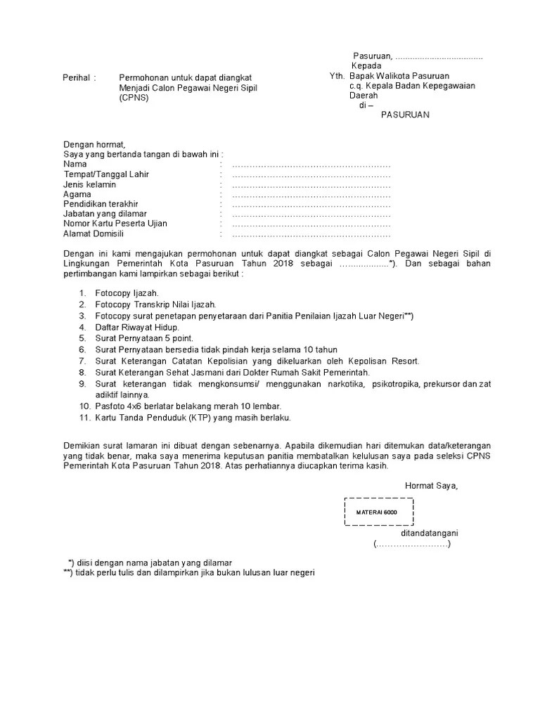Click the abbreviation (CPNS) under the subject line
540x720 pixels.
click(x=134, y=98)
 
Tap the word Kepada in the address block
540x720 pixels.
click(x=366, y=65)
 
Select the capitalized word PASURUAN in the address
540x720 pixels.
click(x=405, y=115)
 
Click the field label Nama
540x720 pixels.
click(x=75, y=165)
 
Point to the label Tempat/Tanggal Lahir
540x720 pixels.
click(x=106, y=174)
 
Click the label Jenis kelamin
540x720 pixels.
click(x=89, y=184)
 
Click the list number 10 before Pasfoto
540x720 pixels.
click(x=82, y=406)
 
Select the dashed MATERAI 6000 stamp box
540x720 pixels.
click(x=378, y=511)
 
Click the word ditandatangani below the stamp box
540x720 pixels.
click(x=429, y=534)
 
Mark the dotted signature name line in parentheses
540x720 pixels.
click(x=412, y=544)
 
